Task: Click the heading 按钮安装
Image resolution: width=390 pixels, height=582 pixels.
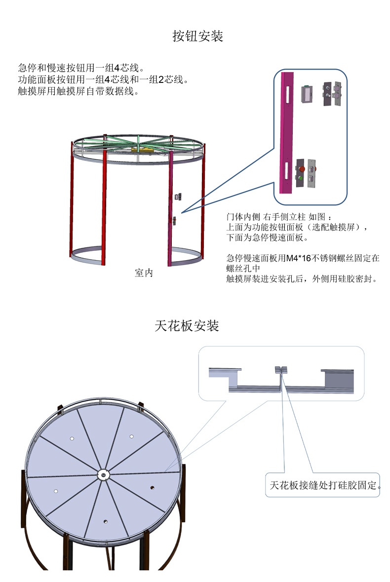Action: pos(198,36)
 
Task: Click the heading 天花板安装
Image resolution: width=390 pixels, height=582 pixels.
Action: pos(187,326)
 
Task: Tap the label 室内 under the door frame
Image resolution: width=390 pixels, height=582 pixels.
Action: pos(144,273)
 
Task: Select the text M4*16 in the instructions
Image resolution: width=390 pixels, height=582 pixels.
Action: pos(299,258)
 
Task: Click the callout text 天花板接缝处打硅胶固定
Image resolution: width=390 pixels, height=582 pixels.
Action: pos(324,485)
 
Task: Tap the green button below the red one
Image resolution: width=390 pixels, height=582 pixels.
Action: pos(300,177)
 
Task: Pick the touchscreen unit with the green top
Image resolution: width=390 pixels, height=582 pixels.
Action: pos(307,93)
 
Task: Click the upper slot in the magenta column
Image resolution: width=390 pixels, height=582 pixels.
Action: pos(287,94)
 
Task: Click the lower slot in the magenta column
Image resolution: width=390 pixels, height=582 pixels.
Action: pos(287,170)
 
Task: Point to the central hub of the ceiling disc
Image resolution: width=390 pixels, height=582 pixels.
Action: pos(103,475)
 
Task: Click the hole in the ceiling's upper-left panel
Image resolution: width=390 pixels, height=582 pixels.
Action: pos(72,438)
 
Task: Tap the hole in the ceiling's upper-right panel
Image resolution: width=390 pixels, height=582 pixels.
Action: pos(132,436)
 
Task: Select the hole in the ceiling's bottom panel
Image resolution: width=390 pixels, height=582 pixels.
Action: pos(105,521)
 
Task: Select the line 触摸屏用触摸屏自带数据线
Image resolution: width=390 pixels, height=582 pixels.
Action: pos(78,91)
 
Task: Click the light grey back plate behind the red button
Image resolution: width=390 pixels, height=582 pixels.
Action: pos(311,173)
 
